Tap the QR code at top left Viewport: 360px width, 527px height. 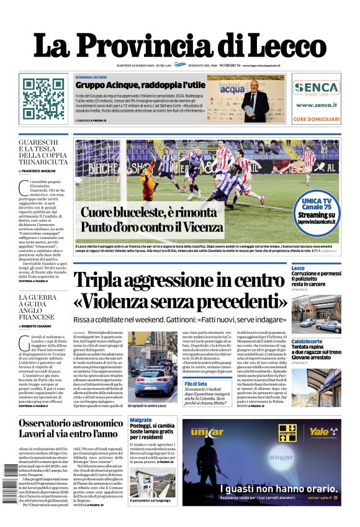point(41,99)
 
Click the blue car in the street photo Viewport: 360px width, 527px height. point(146,379)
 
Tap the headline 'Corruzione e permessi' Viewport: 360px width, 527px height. point(316,274)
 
